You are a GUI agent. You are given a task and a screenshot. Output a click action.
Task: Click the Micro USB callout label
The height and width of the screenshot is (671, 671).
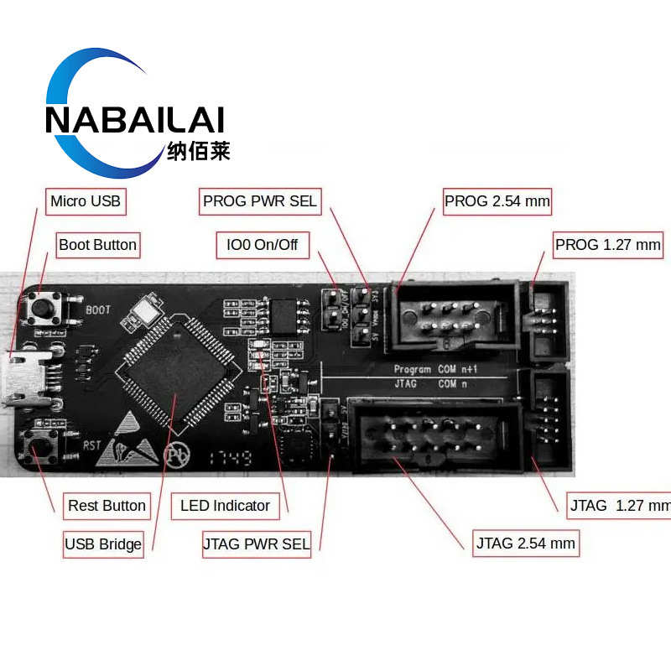[85, 200]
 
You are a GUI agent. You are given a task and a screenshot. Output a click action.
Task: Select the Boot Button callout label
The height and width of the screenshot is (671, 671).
[97, 245]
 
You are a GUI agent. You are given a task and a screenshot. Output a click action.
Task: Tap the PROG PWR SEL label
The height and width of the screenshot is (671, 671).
[260, 200]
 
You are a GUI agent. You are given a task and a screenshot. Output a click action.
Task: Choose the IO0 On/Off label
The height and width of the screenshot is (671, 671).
[262, 246]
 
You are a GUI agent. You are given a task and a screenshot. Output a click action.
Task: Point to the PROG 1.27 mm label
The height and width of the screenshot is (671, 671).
[607, 245]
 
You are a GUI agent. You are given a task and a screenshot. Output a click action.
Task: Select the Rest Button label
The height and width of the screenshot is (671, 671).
[107, 505]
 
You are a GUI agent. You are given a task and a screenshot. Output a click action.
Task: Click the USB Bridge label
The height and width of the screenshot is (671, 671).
[103, 544]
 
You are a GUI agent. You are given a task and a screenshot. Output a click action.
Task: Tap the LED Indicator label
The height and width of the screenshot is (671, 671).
[225, 505]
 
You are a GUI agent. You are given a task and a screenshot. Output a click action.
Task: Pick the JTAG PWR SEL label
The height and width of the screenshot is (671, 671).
[257, 544]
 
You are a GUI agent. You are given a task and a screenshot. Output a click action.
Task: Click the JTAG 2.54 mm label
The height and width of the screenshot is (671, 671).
[526, 544]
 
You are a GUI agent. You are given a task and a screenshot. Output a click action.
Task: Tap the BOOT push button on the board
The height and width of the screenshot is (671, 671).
[43, 308]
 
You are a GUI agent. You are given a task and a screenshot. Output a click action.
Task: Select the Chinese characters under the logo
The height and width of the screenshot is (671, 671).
[198, 151]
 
